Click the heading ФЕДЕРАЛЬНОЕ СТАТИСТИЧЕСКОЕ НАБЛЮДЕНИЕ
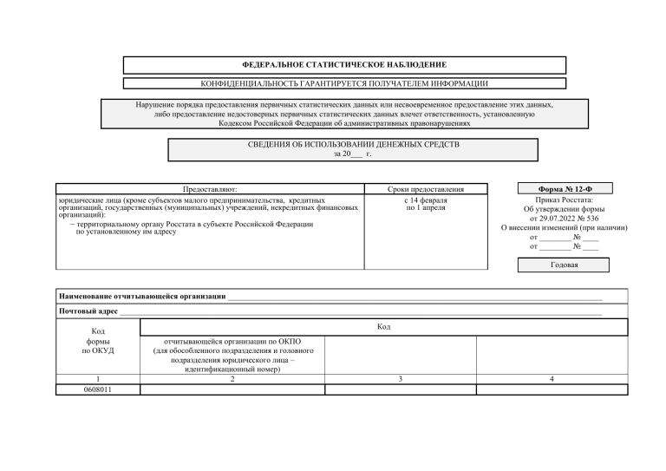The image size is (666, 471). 343,65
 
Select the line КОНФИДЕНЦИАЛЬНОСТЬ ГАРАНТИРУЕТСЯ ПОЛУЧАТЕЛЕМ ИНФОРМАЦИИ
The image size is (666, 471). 343,83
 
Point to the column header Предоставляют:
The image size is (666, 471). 209,188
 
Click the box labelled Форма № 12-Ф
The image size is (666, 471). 564,189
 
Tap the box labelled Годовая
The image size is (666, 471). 564,265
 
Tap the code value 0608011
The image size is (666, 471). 96,389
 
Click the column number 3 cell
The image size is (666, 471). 400,379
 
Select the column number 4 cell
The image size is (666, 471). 552,379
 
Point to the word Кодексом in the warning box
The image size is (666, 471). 237,122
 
